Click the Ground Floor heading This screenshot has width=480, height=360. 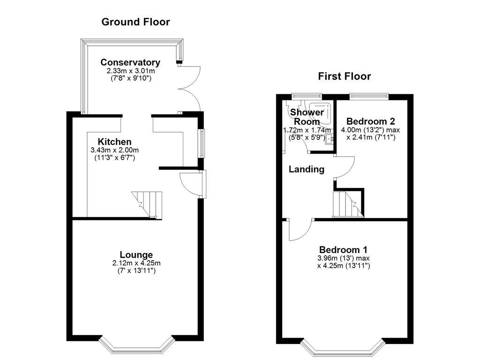point(135,22)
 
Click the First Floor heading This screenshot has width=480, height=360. point(345,76)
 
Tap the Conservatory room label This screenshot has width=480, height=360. point(130,62)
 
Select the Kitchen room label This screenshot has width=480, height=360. point(114,142)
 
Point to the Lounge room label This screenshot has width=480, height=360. point(136,255)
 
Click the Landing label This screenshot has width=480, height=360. point(306,169)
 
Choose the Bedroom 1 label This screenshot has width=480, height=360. point(343,250)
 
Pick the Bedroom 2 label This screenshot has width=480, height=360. point(371,121)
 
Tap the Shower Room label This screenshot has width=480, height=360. point(307,117)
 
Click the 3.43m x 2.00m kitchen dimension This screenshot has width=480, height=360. point(115,150)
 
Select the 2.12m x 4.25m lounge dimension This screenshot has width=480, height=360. point(136,263)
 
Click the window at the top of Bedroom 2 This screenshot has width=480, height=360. point(369,97)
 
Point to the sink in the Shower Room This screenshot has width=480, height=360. point(330,138)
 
